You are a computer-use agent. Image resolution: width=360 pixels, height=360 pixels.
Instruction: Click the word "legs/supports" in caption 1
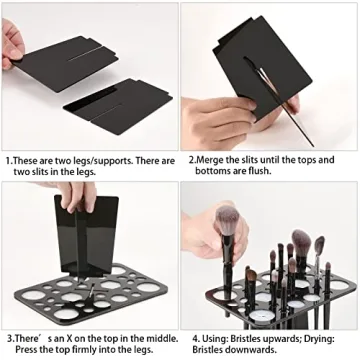pyautogui.click(x=118, y=159)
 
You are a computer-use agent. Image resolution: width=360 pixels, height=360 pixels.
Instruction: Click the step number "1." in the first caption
pyautogui.click(x=9, y=159)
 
